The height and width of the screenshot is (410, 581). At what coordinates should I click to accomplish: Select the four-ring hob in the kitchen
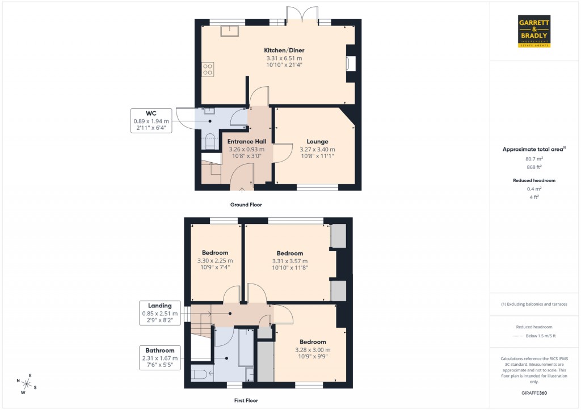coord(208,70)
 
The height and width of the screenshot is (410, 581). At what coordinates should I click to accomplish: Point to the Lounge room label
coord(317,141)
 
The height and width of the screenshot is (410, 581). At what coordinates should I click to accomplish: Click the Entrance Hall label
coord(246,141)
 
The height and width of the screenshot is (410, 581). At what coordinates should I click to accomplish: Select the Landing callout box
coord(159,313)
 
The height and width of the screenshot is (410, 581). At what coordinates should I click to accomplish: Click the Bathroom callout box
coord(159,358)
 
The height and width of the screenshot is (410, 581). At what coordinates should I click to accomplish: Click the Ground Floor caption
coord(246,205)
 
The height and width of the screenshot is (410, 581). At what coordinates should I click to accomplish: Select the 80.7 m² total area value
coord(533,159)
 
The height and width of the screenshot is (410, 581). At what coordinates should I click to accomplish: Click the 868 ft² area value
coord(533,167)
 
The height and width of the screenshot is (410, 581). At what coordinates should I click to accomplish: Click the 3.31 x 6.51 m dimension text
coord(284,58)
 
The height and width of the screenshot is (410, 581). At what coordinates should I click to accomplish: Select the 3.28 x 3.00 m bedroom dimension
coord(313,350)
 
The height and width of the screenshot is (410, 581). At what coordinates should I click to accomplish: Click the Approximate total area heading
coord(533,149)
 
